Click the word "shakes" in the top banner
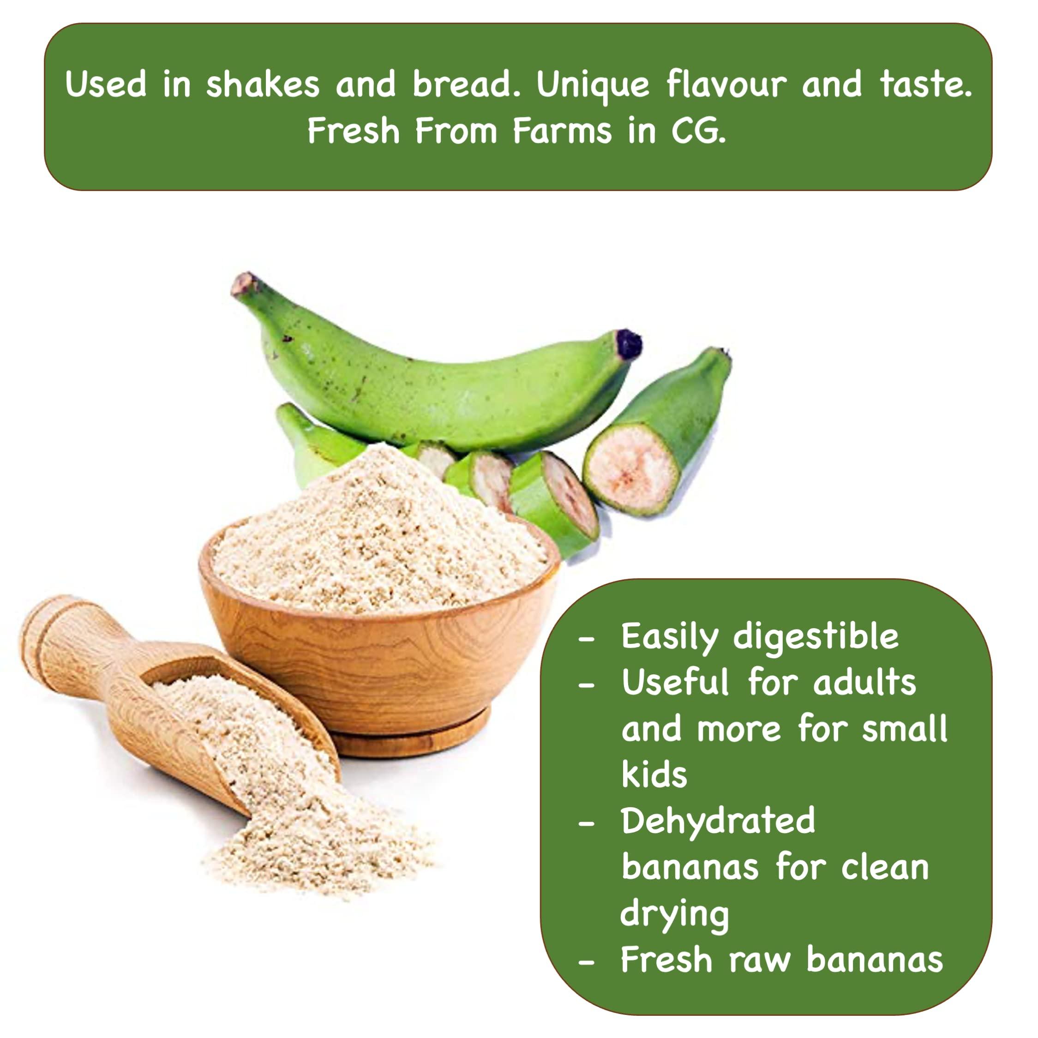(263, 84)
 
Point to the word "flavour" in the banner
(726, 84)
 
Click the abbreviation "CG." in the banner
(698, 131)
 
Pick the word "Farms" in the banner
(562, 131)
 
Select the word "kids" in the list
(654, 775)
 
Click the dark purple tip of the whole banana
(629, 344)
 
